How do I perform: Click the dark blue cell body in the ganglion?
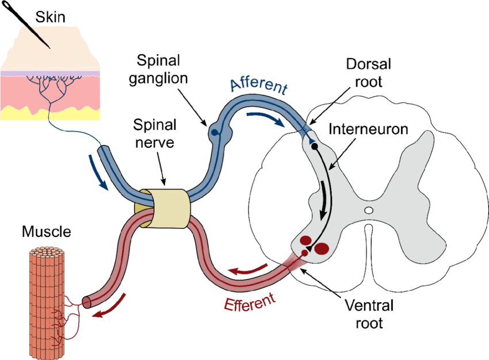click(214, 133)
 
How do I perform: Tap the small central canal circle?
click(369, 211)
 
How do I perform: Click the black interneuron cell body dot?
click(315, 146)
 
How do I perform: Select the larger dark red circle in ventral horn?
click(322, 248)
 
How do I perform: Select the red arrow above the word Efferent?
click(248, 269)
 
